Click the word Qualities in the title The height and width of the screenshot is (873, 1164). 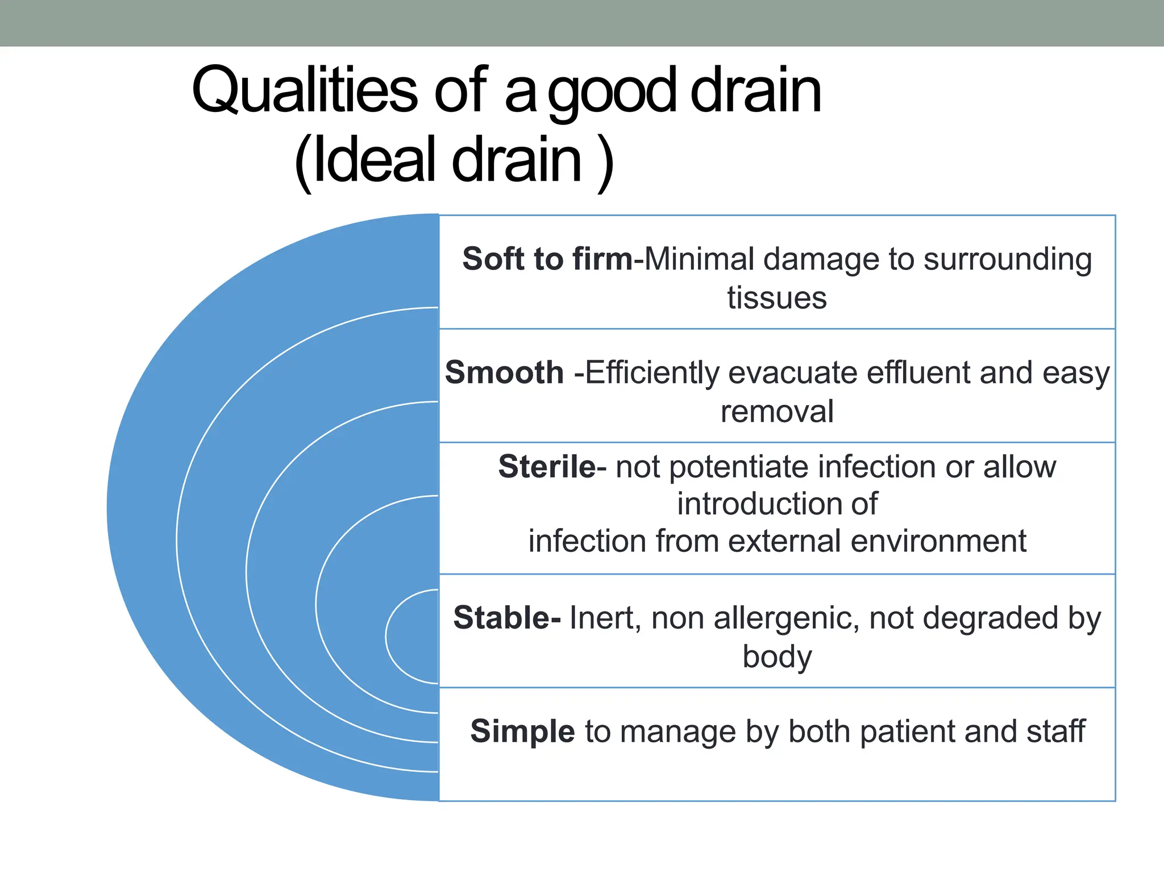(x=304, y=91)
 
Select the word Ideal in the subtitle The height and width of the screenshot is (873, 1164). (x=376, y=160)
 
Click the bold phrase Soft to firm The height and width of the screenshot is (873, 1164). (x=547, y=259)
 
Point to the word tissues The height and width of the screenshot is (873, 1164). (x=777, y=298)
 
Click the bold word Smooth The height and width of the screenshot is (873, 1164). (x=504, y=373)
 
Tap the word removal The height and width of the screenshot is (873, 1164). (x=777, y=411)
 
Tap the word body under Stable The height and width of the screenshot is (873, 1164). (x=777, y=657)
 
